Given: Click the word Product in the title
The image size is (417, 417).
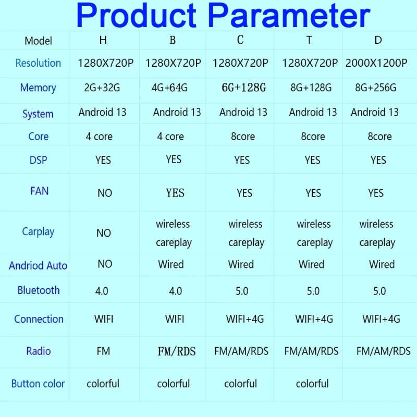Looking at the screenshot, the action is (137, 16).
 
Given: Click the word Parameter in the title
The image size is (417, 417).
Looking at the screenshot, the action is (289, 16).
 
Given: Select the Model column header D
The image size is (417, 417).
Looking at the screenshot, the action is (378, 40).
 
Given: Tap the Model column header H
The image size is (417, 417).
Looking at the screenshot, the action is (103, 40).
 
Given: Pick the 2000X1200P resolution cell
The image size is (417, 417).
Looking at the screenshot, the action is (376, 63).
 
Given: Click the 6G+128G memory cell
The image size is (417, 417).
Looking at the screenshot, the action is (244, 88).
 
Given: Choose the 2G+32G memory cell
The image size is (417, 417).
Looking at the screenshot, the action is (102, 88).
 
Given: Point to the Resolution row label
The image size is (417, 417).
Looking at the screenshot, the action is (38, 63).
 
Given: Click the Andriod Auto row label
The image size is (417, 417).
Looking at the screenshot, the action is (38, 266).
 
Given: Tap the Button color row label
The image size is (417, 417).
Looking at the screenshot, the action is (38, 384).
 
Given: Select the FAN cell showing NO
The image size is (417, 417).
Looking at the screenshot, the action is (105, 193).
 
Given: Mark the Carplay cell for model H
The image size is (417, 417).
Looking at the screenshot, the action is (103, 233).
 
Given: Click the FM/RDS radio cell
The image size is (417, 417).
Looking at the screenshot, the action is (177, 351).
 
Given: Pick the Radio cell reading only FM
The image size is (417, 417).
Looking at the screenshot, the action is (103, 351).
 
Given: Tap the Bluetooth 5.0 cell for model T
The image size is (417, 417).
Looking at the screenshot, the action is (313, 291).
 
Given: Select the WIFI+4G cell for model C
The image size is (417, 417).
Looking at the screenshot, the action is (245, 319).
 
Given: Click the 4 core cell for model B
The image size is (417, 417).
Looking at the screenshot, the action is (170, 137).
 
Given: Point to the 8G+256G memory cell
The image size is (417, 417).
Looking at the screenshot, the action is (376, 88).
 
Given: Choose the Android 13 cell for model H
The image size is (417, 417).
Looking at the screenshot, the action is (102, 112).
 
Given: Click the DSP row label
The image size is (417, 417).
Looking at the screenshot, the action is (38, 161).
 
